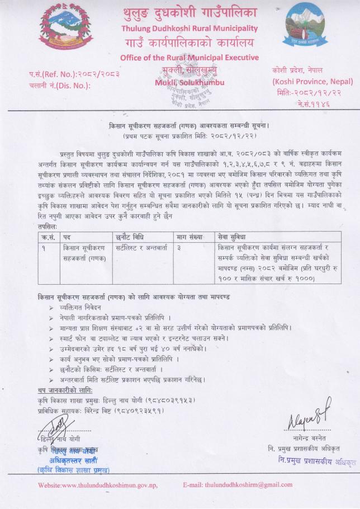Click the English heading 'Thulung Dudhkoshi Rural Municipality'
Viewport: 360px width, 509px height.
[189, 28]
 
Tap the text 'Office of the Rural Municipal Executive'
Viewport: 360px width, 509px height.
[189, 58]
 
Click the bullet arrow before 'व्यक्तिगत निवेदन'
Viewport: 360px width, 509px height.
[52, 308]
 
